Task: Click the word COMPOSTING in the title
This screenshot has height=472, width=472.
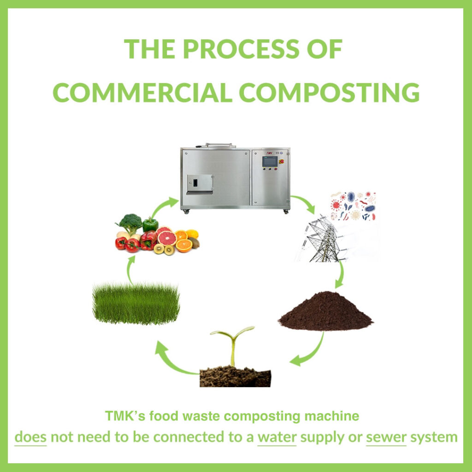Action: point(329,92)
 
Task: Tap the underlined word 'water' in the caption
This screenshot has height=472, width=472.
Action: point(277,437)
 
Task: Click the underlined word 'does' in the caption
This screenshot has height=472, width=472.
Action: point(30,437)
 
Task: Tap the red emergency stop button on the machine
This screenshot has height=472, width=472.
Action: point(282,162)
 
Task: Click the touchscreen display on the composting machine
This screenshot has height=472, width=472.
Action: point(270,162)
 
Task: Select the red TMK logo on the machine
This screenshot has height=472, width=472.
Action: point(269,153)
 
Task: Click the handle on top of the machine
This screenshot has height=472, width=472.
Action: point(219,145)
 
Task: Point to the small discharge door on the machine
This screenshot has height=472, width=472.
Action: point(200,184)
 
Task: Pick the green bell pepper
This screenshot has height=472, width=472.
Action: point(150,224)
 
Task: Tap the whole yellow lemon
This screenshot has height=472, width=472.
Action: point(192,234)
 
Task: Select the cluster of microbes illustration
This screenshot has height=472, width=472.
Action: point(353,206)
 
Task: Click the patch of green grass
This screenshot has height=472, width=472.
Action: point(136,303)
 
